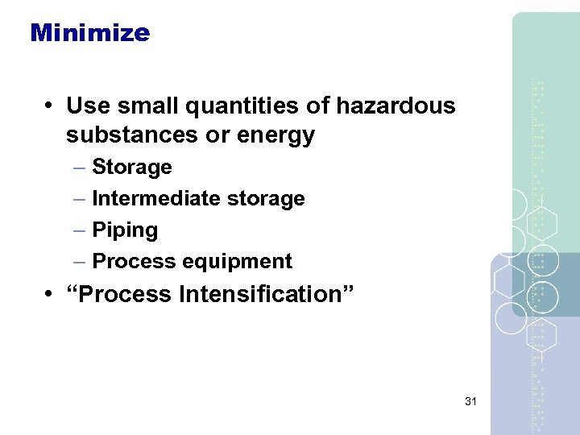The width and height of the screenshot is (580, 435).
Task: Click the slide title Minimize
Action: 89,33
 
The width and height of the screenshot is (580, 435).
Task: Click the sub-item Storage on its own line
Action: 132,168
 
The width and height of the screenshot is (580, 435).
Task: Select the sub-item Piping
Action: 125,230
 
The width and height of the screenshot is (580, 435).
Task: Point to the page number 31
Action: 471,400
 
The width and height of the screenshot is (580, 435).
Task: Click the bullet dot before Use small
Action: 50,106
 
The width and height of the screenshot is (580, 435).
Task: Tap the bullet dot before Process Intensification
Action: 50,295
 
